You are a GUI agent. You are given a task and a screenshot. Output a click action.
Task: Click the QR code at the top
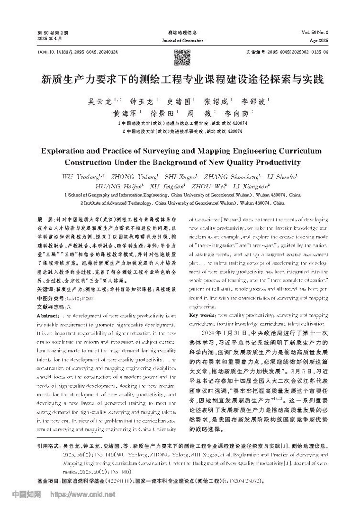(x=180, y=57)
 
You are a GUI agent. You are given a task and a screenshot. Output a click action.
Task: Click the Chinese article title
(x=180, y=79)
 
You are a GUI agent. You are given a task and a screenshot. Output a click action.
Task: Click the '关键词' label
(x=45, y=275)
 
